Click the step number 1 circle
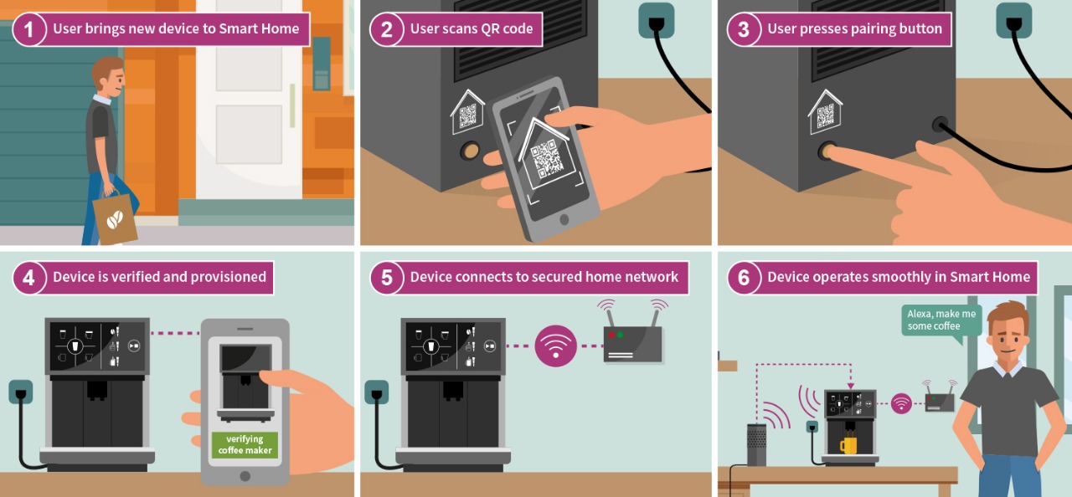coord(28,29)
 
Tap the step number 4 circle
coord(28,278)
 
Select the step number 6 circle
coord(744,278)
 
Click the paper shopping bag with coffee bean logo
coord(115,218)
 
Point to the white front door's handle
coord(292,105)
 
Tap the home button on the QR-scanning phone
coord(564,219)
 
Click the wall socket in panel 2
coord(656,21)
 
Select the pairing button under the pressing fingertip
coord(827,151)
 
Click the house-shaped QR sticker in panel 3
coord(825,112)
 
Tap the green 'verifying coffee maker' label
coord(245,444)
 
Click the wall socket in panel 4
coord(21,392)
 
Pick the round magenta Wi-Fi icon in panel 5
coord(555,346)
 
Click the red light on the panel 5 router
coord(611,335)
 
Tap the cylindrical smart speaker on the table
coord(756,444)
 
